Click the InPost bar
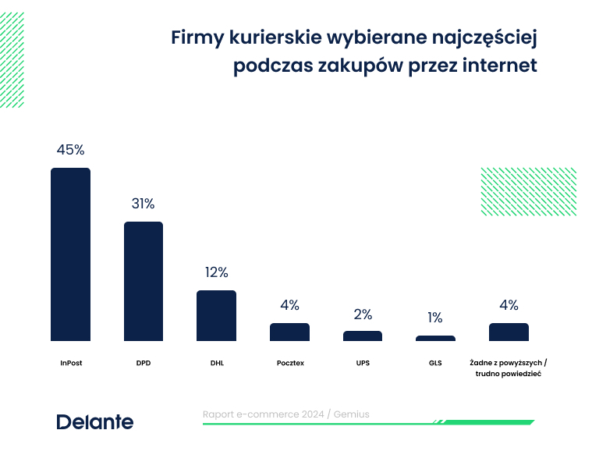point(70,254)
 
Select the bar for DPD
point(144,281)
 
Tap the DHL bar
point(216,315)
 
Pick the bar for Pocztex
point(289,332)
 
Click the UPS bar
point(363,336)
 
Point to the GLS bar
point(435,338)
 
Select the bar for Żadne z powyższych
point(509,332)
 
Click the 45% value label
point(70,150)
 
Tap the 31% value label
point(143,204)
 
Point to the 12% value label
point(216,272)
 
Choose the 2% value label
point(363,315)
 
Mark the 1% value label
point(434,318)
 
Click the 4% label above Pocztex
point(289,305)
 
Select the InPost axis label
point(70,363)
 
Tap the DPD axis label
point(143,363)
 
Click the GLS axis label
point(435,363)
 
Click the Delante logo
point(94,422)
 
